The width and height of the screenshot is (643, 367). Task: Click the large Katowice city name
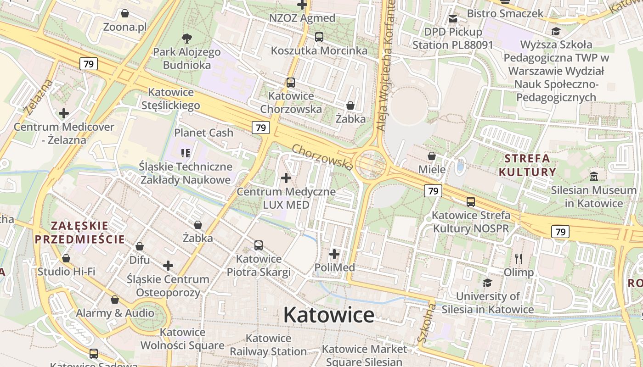328,315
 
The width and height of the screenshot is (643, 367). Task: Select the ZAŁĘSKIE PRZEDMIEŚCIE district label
80,232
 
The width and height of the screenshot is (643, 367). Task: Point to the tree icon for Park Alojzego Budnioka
186,39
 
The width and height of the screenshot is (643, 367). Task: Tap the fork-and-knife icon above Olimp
519,259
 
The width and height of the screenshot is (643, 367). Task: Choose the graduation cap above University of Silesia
487,283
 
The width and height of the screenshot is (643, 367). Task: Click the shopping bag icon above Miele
432,156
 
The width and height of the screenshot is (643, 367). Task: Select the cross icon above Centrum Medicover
64,113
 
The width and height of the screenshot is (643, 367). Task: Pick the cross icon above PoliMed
334,254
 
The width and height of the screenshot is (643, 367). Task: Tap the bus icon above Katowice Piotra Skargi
259,245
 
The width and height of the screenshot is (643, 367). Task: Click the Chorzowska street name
322,157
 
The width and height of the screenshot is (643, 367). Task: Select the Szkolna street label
426,322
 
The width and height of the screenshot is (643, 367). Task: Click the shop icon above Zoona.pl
124,13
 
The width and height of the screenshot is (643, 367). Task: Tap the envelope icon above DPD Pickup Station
453,18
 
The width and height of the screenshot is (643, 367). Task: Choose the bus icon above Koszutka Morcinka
319,37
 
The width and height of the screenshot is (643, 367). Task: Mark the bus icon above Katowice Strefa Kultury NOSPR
471,201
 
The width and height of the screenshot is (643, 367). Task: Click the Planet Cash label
203,133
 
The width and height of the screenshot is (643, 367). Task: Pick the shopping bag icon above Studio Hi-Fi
66,258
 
